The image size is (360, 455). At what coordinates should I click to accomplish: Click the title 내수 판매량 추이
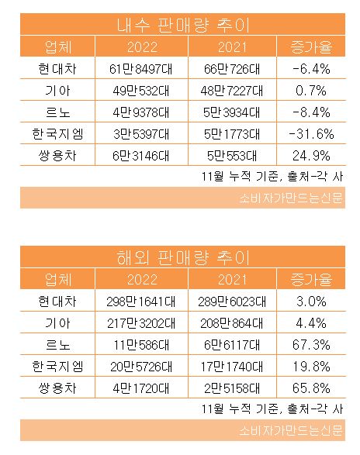click(183, 26)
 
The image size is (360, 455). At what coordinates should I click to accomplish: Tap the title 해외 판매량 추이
click(183, 257)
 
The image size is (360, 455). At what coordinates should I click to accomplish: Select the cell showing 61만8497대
click(141, 69)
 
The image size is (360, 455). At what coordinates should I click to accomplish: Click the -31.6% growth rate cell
click(311, 134)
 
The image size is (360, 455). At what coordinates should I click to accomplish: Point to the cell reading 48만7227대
click(231, 91)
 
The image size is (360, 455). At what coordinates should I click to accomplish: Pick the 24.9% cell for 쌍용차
click(311, 156)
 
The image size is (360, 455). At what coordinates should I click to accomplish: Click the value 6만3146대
click(141, 156)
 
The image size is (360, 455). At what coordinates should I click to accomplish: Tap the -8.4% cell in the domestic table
click(311, 112)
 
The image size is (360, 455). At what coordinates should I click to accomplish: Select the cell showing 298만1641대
click(141, 302)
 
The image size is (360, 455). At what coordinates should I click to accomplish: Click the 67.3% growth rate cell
click(311, 345)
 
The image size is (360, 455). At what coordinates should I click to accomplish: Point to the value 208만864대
click(231, 323)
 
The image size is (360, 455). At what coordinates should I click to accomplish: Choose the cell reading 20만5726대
click(141, 367)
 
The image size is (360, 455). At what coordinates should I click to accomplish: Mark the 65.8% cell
click(311, 388)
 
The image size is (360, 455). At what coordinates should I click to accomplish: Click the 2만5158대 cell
click(231, 388)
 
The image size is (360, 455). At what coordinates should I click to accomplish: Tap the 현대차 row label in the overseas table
click(57, 302)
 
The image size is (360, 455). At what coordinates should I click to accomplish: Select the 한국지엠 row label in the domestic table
click(58, 134)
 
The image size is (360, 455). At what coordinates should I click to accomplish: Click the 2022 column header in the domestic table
click(142, 47)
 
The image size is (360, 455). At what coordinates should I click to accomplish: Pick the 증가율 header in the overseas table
click(311, 279)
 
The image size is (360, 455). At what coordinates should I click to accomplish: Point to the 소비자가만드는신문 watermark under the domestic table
click(291, 198)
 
